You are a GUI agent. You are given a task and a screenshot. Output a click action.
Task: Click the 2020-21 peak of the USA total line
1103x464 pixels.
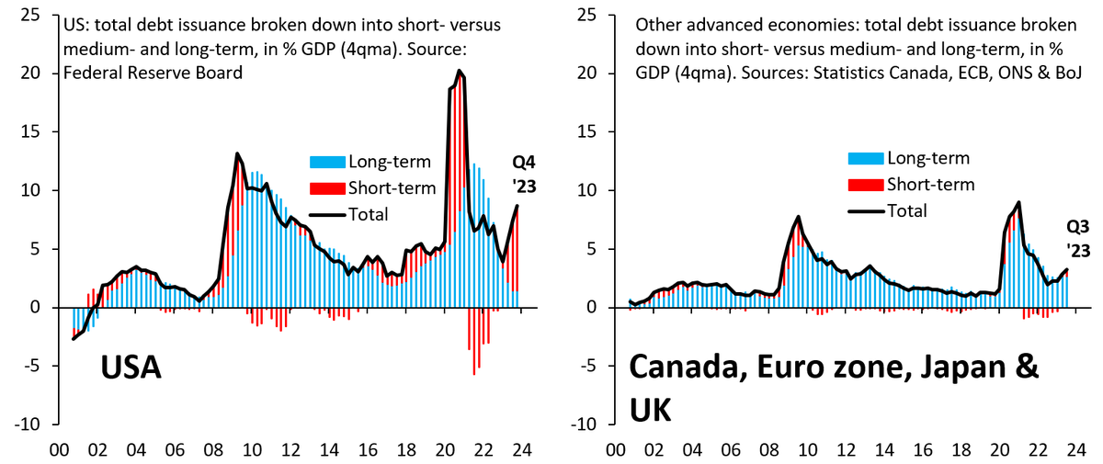pyautogui.click(x=460, y=71)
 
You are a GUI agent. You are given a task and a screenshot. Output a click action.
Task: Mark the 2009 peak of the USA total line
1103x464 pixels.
pyautogui.click(x=237, y=153)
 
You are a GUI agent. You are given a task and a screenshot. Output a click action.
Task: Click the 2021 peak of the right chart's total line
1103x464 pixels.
pyautogui.click(x=1018, y=202)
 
